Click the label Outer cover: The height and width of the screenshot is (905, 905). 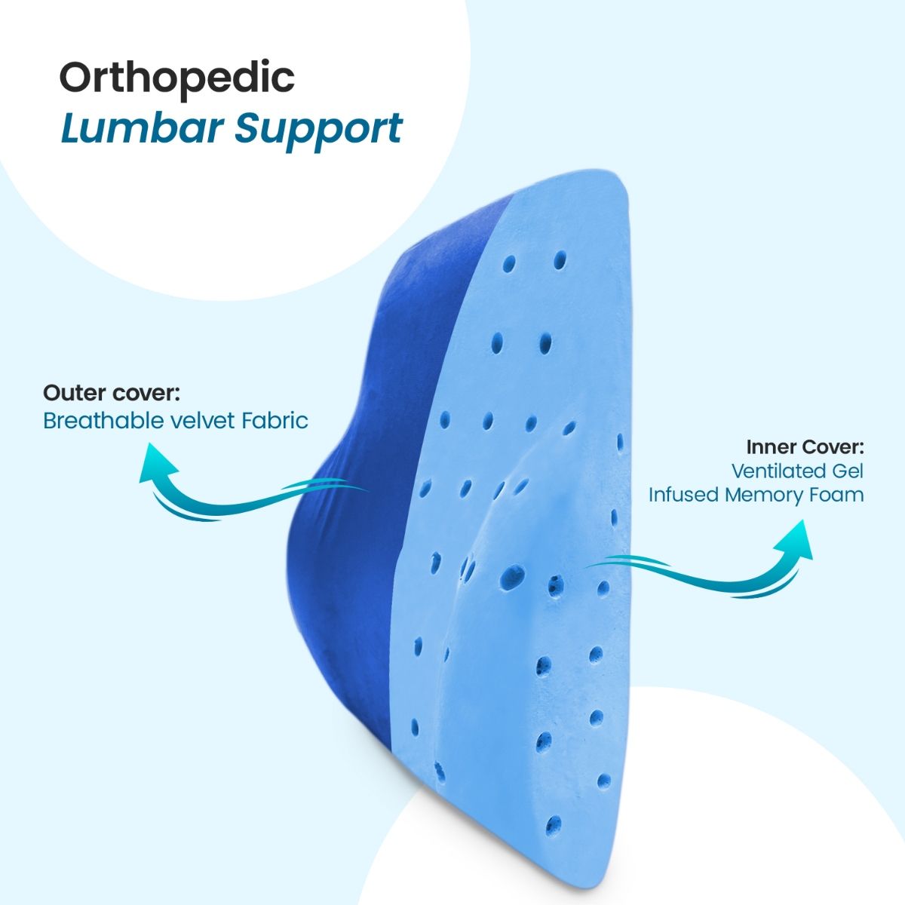(x=111, y=393)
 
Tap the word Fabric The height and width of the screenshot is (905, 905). (x=275, y=420)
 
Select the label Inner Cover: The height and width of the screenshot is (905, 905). (x=805, y=446)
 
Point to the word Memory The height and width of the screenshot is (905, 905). (x=765, y=495)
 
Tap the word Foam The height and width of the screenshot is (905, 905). (x=837, y=495)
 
